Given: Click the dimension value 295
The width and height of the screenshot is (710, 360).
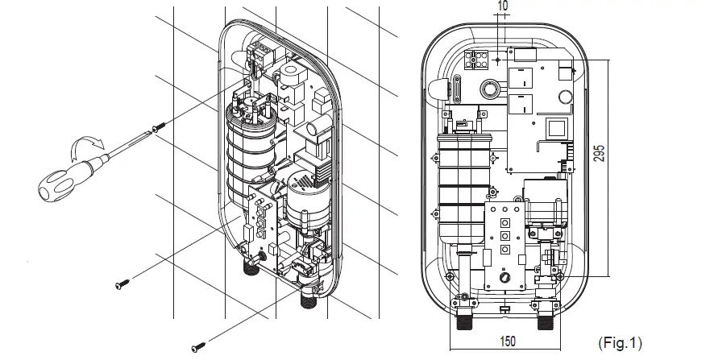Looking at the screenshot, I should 621,155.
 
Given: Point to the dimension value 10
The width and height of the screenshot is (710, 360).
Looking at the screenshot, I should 503,6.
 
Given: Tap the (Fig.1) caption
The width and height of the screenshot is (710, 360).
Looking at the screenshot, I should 621,343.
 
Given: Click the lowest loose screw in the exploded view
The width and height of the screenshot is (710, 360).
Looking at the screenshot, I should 197,347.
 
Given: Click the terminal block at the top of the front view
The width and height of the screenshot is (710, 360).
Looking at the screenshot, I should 479,60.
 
